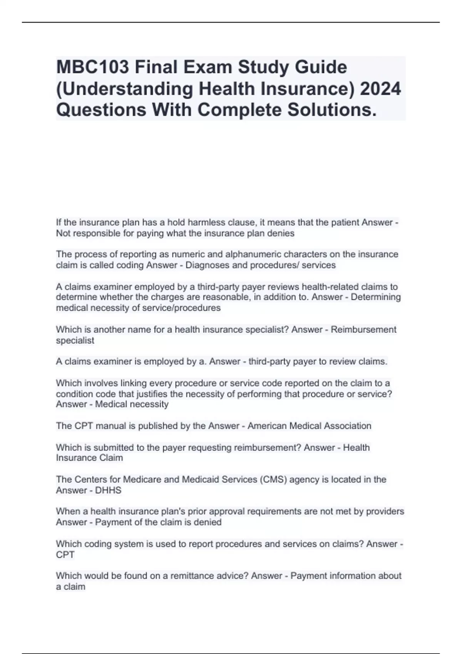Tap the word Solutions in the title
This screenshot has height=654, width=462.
click(331, 110)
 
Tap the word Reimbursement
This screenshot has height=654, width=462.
click(363, 330)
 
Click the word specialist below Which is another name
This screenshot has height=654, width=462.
click(75, 340)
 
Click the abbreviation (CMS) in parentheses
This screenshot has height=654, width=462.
click(273, 479)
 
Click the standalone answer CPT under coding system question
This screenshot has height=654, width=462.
click(65, 555)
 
